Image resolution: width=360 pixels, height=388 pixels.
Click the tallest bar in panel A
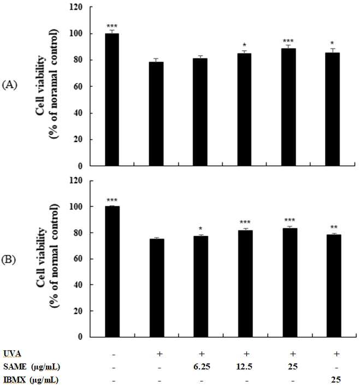click(112, 99)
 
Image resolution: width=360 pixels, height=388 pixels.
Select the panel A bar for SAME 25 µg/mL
click(288, 107)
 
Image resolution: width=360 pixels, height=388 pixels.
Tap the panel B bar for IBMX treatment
click(334, 286)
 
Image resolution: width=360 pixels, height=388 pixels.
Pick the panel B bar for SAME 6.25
click(201, 286)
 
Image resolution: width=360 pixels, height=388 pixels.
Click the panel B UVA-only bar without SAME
click(157, 288)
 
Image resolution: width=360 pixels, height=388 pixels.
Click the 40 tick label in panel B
click(78, 285)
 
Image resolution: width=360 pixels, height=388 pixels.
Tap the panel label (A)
click(9, 85)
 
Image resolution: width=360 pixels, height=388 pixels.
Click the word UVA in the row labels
click(13, 354)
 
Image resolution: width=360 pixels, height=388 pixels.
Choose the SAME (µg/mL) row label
click(32, 367)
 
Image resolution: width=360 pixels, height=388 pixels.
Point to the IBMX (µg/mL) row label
click(31, 380)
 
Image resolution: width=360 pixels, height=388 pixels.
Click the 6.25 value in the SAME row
click(202, 367)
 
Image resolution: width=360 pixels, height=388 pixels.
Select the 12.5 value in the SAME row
click(244, 367)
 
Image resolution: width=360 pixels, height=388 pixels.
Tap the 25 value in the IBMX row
click(336, 380)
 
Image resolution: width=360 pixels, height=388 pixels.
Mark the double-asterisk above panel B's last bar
click(334, 227)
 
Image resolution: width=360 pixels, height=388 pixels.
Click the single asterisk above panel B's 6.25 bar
click(201, 228)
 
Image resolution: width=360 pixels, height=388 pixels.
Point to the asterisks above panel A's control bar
click(112, 26)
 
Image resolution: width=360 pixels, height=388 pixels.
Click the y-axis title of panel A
click(47, 84)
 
